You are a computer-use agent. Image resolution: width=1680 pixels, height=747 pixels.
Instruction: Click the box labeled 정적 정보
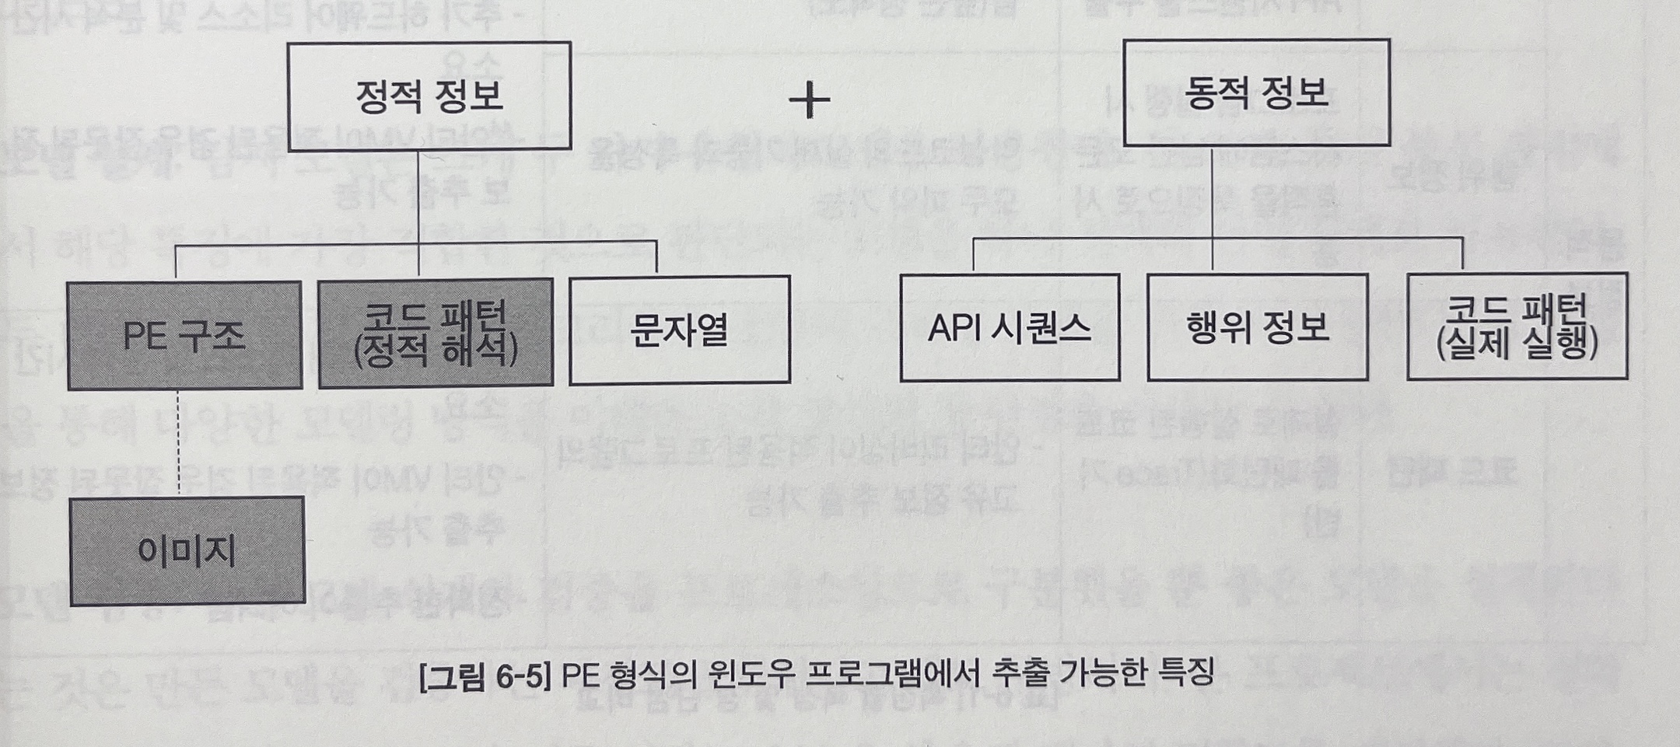pyautogui.click(x=429, y=96)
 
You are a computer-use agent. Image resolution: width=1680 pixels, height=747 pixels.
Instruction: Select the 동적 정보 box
pyautogui.click(x=1256, y=93)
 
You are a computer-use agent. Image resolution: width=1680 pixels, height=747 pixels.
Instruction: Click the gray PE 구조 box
pyautogui.click(x=184, y=335)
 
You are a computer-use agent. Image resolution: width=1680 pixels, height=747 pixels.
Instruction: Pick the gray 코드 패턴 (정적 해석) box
pyautogui.click(x=436, y=333)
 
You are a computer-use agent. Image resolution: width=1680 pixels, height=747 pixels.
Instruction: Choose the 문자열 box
pyautogui.click(x=680, y=330)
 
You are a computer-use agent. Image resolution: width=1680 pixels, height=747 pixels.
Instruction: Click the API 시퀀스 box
pyautogui.click(x=1010, y=327)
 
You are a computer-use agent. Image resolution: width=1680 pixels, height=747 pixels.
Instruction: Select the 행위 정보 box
pyautogui.click(x=1257, y=326)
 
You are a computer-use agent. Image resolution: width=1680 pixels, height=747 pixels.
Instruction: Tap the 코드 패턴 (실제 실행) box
pyautogui.click(x=1517, y=326)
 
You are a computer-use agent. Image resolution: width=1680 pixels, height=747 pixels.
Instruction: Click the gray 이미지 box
pyautogui.click(x=187, y=551)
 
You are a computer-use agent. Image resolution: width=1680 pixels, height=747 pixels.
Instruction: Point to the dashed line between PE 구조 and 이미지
pyautogui.click(x=179, y=443)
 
